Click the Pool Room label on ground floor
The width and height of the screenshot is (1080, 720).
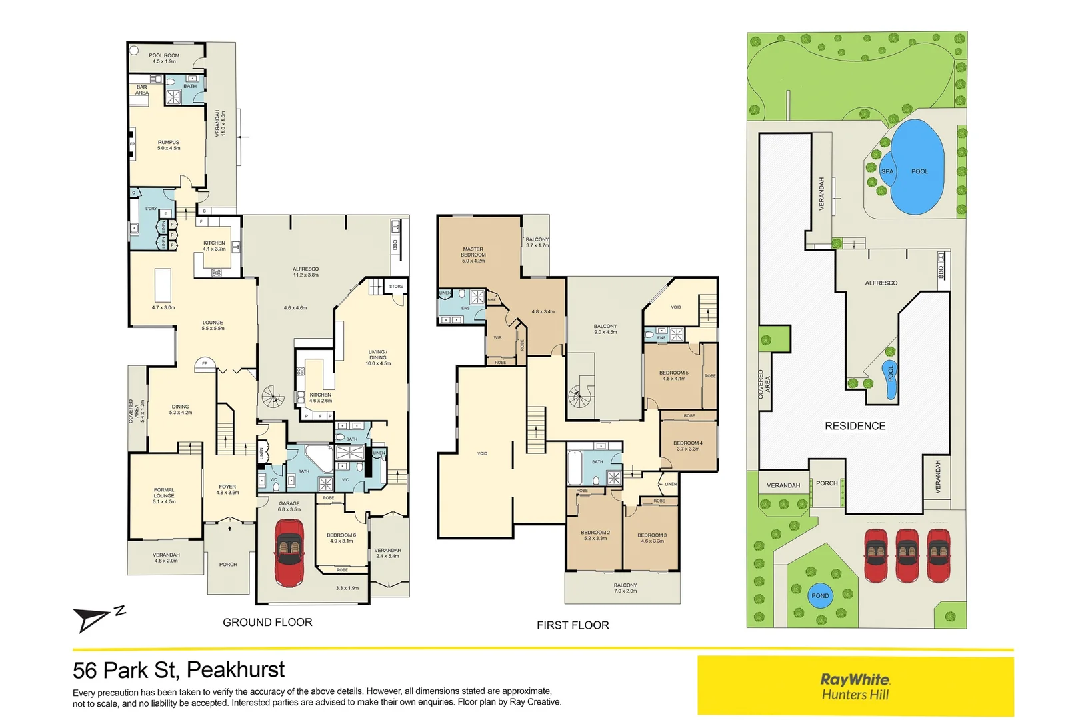tap(163, 58)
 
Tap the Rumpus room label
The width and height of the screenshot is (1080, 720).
tap(168, 145)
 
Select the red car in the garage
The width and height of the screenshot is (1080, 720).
tap(289, 552)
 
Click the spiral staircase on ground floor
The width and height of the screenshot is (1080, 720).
tap(272, 397)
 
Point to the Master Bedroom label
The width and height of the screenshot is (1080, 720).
tap(473, 255)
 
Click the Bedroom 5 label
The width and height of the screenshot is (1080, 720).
tap(673, 375)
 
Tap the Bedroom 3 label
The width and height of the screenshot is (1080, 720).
tap(651, 537)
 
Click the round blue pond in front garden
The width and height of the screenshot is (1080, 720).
tap(820, 596)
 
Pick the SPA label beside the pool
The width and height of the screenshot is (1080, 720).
tap(887, 171)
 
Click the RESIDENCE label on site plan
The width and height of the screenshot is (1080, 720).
tap(855, 426)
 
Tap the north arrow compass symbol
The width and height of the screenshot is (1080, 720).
tap(93, 619)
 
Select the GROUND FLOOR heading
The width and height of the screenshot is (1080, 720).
tap(267, 622)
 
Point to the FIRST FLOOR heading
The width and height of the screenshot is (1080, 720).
tap(573, 625)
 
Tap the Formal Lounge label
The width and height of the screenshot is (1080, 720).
tap(164, 495)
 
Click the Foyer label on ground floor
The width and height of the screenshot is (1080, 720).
tap(227, 489)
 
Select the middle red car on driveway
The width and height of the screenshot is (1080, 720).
tap(907, 555)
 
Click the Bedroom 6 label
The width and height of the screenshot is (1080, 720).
tap(341, 537)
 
